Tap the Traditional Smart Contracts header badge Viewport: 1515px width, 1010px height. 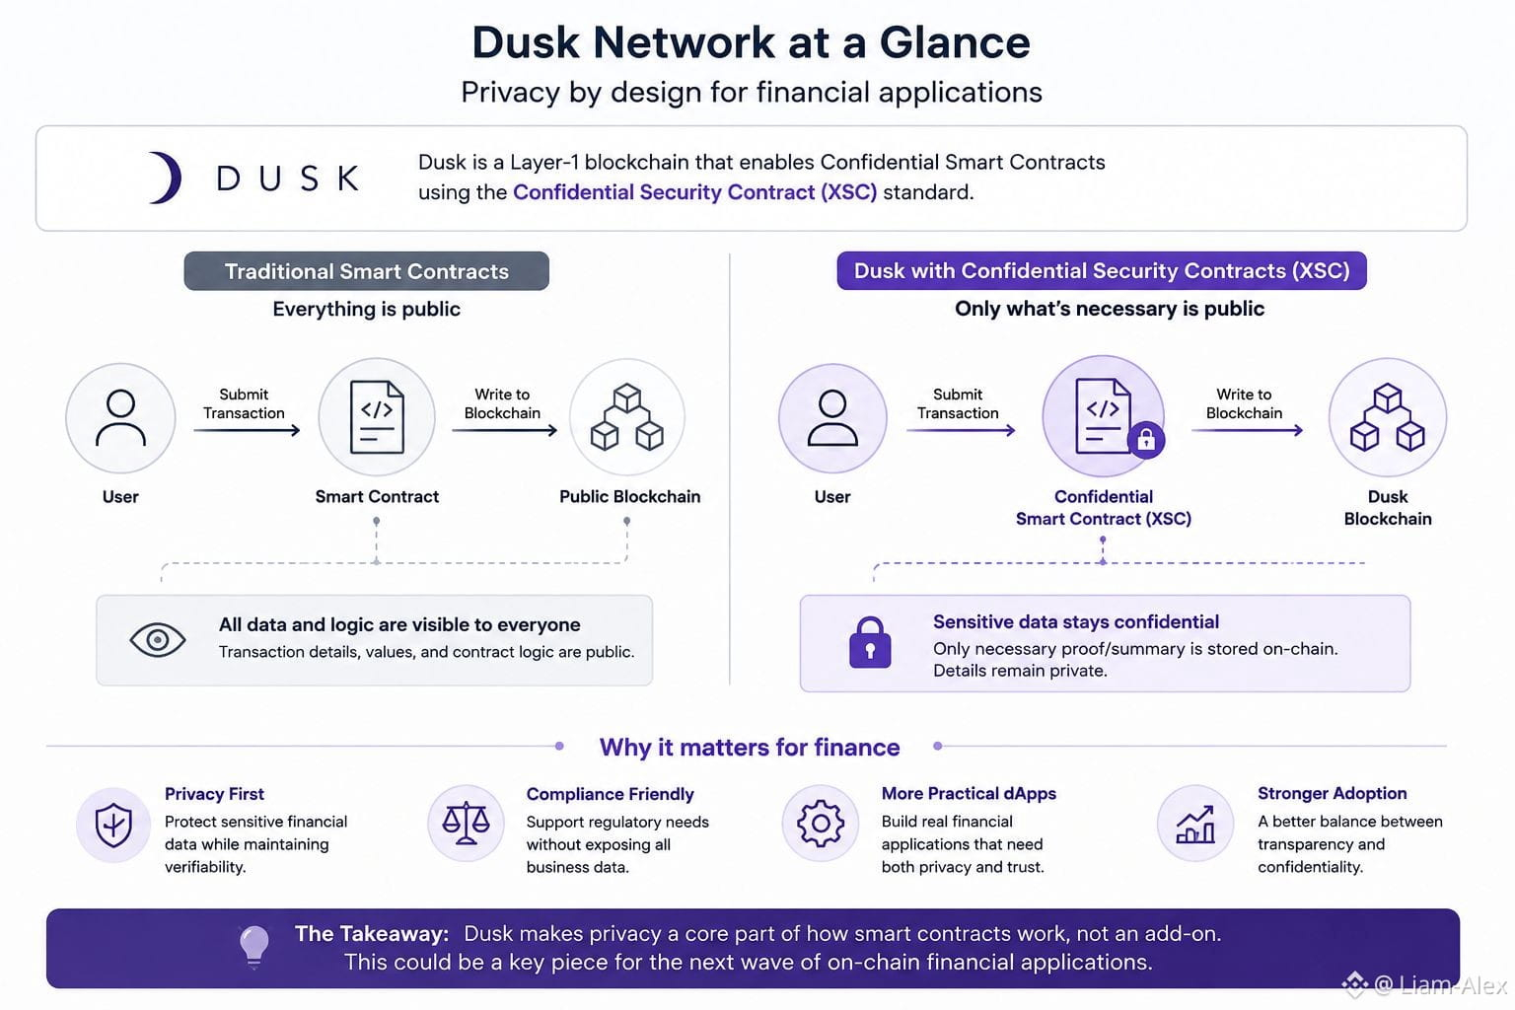(367, 271)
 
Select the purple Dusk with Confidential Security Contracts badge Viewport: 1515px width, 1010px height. (1102, 270)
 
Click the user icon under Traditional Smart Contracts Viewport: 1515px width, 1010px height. (120, 417)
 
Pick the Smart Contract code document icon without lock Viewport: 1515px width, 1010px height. (377, 417)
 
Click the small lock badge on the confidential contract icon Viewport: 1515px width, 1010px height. (1146, 440)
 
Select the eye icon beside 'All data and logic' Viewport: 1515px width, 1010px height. (158, 639)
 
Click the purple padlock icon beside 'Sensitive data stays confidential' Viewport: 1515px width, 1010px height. (870, 643)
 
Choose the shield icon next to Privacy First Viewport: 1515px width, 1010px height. (113, 825)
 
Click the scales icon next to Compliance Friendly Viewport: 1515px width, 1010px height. (466, 824)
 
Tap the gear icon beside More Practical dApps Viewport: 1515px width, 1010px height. (821, 824)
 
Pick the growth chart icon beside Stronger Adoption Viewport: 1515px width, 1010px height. (1195, 825)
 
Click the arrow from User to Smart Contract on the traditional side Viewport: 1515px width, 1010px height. (247, 430)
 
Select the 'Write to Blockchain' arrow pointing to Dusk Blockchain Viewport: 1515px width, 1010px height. (1247, 430)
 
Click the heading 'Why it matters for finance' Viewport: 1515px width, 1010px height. (750, 747)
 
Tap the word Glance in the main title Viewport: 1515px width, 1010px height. (955, 42)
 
